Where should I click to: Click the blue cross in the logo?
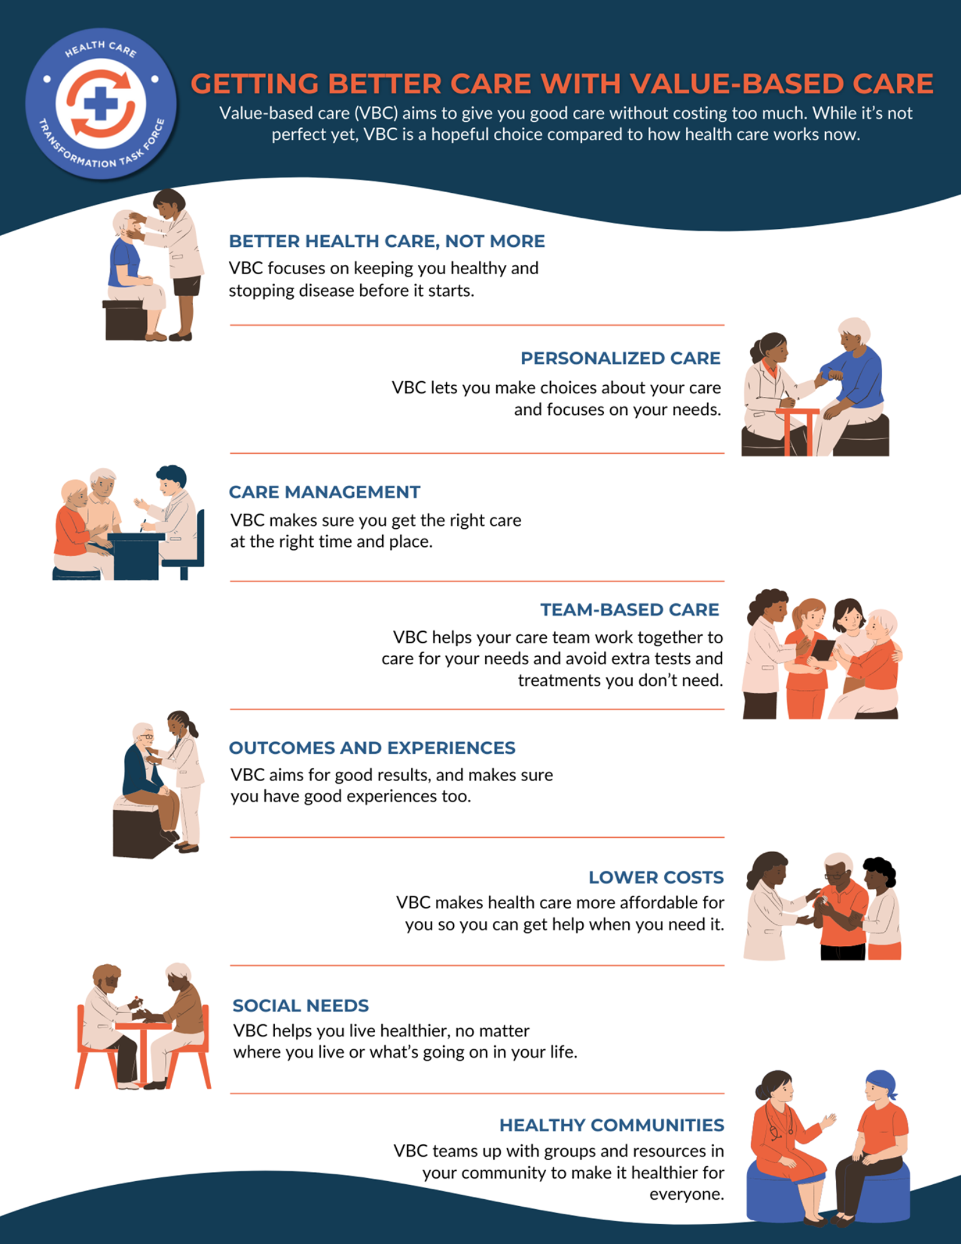[x=101, y=103]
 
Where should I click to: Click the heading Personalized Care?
[x=620, y=358]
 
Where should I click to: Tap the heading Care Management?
[x=325, y=492]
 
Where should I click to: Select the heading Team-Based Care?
[x=629, y=610]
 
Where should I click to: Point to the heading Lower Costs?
[x=656, y=877]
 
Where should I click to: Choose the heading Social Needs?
[x=300, y=1005]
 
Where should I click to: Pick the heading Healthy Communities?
[x=611, y=1125]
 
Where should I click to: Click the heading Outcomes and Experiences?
[x=372, y=748]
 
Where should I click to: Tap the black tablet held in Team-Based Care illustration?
[x=822, y=650]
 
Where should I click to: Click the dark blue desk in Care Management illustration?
[x=136, y=555]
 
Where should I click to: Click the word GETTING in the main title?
[x=254, y=84]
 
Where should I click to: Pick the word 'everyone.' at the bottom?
[x=687, y=1194]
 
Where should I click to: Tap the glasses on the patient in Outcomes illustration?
[x=146, y=736]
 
